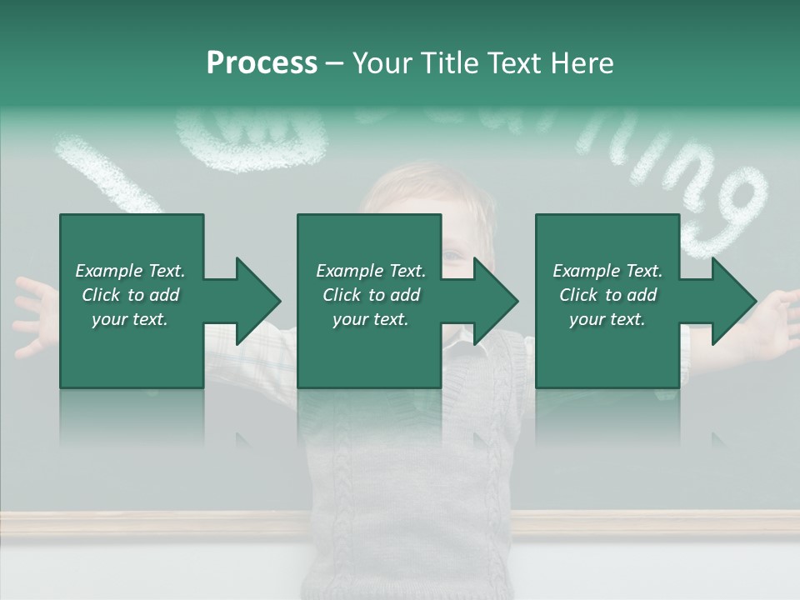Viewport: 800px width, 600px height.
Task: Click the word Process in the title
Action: tap(262, 63)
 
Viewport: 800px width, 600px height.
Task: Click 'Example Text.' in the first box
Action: tap(130, 271)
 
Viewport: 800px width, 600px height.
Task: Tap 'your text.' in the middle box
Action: tap(370, 319)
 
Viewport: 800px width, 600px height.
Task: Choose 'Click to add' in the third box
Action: tap(607, 295)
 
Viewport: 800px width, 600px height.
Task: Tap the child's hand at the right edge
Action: tap(779, 321)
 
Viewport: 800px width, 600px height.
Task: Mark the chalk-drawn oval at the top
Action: tap(250, 137)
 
